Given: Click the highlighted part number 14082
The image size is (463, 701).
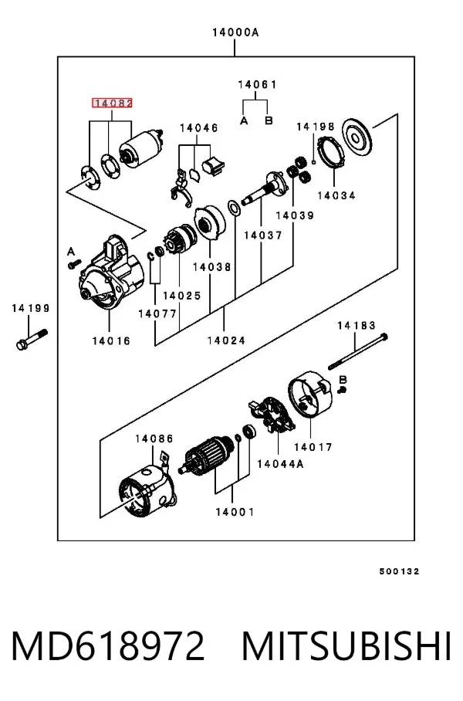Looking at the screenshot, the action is (112, 103).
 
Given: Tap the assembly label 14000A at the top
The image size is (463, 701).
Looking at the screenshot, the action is (235, 32).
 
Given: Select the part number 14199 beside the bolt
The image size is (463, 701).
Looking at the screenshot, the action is (31, 308).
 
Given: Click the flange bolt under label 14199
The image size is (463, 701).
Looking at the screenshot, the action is (32, 338).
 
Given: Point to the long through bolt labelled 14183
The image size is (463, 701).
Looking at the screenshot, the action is (357, 351).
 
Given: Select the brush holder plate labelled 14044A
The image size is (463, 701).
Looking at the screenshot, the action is (272, 415).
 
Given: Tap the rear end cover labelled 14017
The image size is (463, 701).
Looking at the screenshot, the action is (310, 395).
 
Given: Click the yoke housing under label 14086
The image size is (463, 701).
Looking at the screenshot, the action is (147, 490).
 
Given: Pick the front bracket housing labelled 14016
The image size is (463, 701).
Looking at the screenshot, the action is (112, 274).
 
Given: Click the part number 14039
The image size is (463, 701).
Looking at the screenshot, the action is (295, 215).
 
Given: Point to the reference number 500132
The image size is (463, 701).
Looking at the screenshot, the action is (400, 571).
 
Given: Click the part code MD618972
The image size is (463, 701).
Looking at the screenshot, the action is (108, 645).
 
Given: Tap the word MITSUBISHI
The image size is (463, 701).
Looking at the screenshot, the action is (346, 645).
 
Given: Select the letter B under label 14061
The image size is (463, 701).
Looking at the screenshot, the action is (269, 120).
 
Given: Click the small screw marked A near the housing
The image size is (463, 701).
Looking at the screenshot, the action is (74, 264).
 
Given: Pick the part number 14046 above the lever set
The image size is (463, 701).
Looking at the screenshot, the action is (199, 128).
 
